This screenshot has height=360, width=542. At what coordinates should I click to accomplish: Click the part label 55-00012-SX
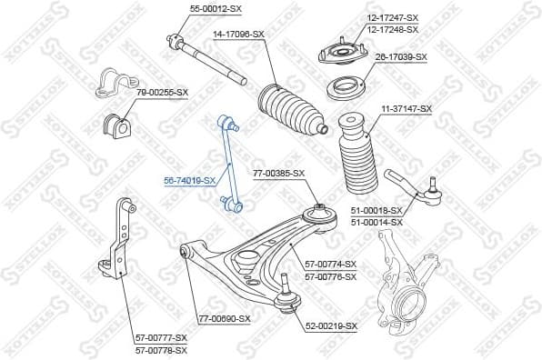click(216, 8)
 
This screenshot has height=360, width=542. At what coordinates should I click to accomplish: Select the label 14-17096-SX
click(238, 35)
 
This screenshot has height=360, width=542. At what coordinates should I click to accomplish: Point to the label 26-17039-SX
click(402, 56)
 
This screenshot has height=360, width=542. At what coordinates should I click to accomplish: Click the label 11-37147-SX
click(406, 108)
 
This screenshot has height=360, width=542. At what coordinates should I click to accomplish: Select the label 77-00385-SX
click(279, 173)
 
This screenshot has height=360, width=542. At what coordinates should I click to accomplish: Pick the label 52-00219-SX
click(331, 325)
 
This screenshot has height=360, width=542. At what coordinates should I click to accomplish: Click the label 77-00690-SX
click(224, 318)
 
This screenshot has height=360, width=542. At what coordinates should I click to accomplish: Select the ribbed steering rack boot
click(288, 113)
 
